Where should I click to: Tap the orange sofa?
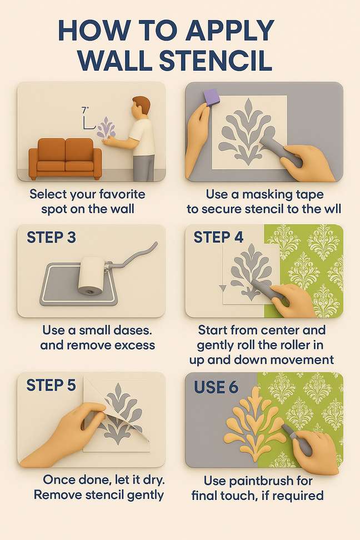65,158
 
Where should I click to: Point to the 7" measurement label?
85,110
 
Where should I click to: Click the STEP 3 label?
51,237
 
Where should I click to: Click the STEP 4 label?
218,237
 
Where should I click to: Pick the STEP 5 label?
51,385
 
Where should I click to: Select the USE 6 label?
216,387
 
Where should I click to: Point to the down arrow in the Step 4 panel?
222,288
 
